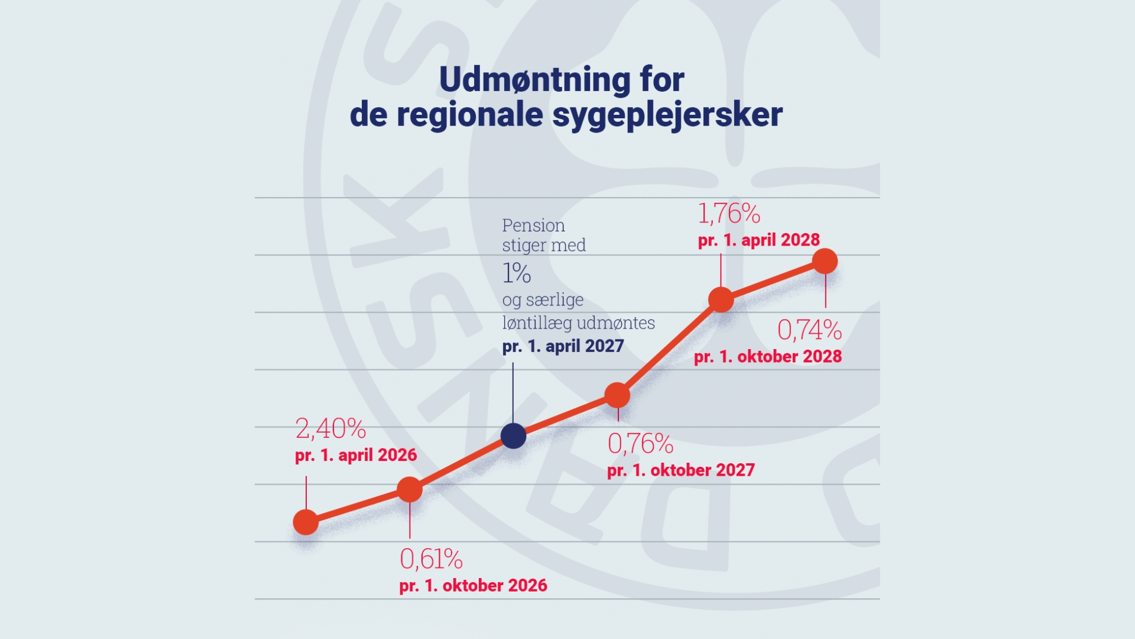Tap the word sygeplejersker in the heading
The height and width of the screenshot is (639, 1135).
[x=667, y=115]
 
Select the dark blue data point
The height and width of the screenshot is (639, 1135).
[x=513, y=436]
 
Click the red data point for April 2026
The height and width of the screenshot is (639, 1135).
[x=306, y=522]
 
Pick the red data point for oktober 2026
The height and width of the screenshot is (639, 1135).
[x=410, y=489]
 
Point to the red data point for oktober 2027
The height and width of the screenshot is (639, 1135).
[x=617, y=395]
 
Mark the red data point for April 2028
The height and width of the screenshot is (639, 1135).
[x=721, y=299]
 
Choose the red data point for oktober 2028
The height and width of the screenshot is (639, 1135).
[x=825, y=261]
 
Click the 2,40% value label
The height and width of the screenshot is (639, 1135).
[x=330, y=428]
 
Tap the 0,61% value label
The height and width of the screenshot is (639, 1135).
[x=431, y=559]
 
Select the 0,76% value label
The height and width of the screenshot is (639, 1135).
[x=640, y=444]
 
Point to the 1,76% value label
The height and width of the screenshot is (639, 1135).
[x=729, y=214]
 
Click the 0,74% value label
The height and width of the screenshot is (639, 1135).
[x=809, y=330]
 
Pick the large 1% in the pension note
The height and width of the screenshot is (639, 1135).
[x=516, y=273]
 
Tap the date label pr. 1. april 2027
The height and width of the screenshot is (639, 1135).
[x=563, y=346]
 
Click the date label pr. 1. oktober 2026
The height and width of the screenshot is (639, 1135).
[x=473, y=586]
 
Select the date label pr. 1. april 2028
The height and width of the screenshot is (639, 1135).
[x=758, y=240]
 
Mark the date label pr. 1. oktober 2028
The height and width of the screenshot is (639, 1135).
[x=767, y=357]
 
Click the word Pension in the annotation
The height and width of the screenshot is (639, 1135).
[x=533, y=225]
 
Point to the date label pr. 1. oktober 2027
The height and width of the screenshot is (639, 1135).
[x=680, y=470]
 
